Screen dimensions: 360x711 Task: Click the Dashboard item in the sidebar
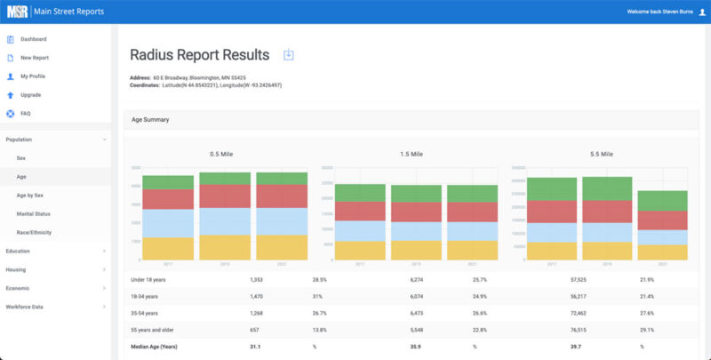[33, 39]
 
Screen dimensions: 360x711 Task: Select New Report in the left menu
[34, 58]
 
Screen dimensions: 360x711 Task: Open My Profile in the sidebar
[32, 76]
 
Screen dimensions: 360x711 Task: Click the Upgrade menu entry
[30, 95]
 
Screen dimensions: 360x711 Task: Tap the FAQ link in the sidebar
[26, 114]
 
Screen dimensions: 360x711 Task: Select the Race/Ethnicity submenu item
[36, 233]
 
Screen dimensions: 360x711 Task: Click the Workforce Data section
[28, 308]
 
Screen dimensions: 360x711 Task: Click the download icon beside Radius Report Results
[288, 55]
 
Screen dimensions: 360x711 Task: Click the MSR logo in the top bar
[19, 12]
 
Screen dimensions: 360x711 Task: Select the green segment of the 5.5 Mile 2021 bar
[662, 200]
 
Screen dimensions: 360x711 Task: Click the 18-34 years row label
[146, 296]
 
